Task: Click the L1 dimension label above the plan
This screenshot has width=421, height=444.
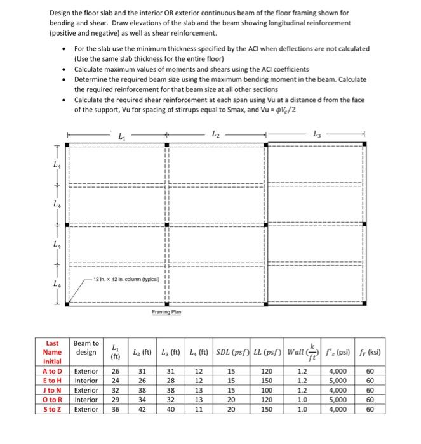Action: click(x=121, y=134)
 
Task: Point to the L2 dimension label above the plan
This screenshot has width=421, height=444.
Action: click(x=215, y=134)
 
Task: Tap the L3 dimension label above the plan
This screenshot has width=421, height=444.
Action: click(x=317, y=134)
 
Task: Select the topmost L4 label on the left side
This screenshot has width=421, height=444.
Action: click(x=57, y=164)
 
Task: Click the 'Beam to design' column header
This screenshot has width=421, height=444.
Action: click(x=86, y=348)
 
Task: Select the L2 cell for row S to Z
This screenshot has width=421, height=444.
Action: click(x=143, y=409)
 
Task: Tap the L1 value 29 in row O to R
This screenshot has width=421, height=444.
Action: click(x=116, y=400)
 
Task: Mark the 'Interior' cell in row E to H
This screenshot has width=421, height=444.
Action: click(x=86, y=381)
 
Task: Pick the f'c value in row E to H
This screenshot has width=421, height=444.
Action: click(x=337, y=381)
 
